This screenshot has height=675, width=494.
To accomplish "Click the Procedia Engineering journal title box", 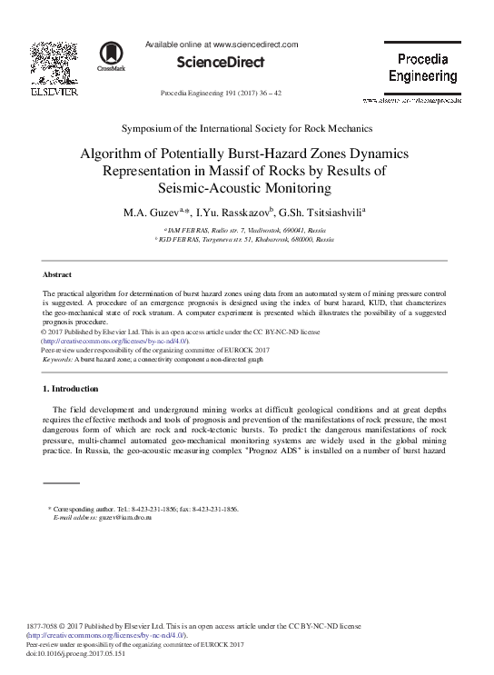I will tap(422, 67).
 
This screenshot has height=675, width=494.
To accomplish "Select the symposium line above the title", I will tap(247, 131).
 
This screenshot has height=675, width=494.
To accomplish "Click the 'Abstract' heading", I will tap(58, 273).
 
